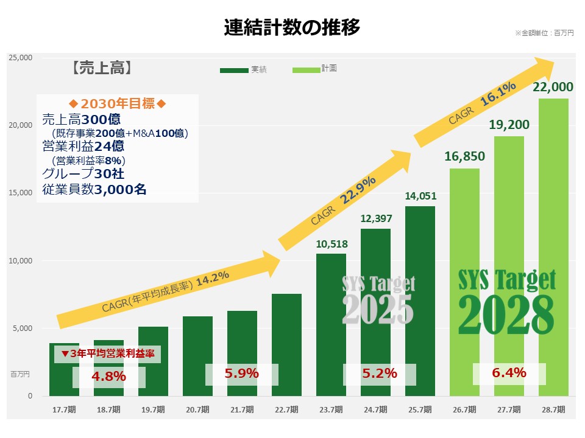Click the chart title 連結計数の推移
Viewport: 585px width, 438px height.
(x=292, y=27)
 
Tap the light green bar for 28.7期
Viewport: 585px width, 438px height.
(x=553, y=243)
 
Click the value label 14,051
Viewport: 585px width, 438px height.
(x=420, y=196)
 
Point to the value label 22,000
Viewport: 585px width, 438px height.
(x=553, y=87)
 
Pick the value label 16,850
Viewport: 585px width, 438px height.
(x=465, y=157)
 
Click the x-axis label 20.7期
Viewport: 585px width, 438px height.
(x=197, y=409)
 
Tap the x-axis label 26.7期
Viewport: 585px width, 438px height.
(x=464, y=409)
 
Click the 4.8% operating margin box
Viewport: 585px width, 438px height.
(x=108, y=377)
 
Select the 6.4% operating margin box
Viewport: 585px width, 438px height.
(x=509, y=374)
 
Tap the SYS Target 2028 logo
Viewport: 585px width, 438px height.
(x=506, y=302)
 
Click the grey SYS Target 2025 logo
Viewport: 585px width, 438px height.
(x=378, y=301)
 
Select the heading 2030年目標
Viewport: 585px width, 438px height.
(x=118, y=103)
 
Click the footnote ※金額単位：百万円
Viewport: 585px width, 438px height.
(x=544, y=33)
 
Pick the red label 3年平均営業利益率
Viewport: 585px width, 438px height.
(x=107, y=353)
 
